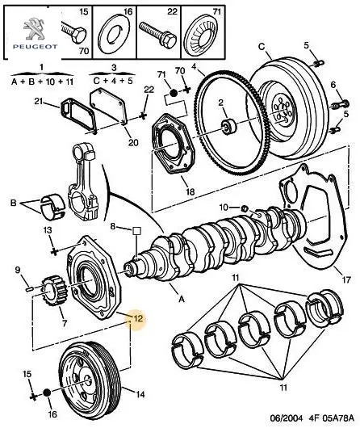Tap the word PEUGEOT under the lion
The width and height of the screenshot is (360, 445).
click(x=36, y=47)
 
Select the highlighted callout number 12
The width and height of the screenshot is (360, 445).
click(x=138, y=318)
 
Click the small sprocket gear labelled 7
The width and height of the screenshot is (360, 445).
click(x=52, y=290)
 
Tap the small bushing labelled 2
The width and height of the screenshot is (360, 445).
click(x=228, y=127)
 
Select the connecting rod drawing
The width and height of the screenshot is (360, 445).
click(x=85, y=182)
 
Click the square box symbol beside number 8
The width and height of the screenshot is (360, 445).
click(x=136, y=231)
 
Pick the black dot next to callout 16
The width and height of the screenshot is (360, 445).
click(x=47, y=393)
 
